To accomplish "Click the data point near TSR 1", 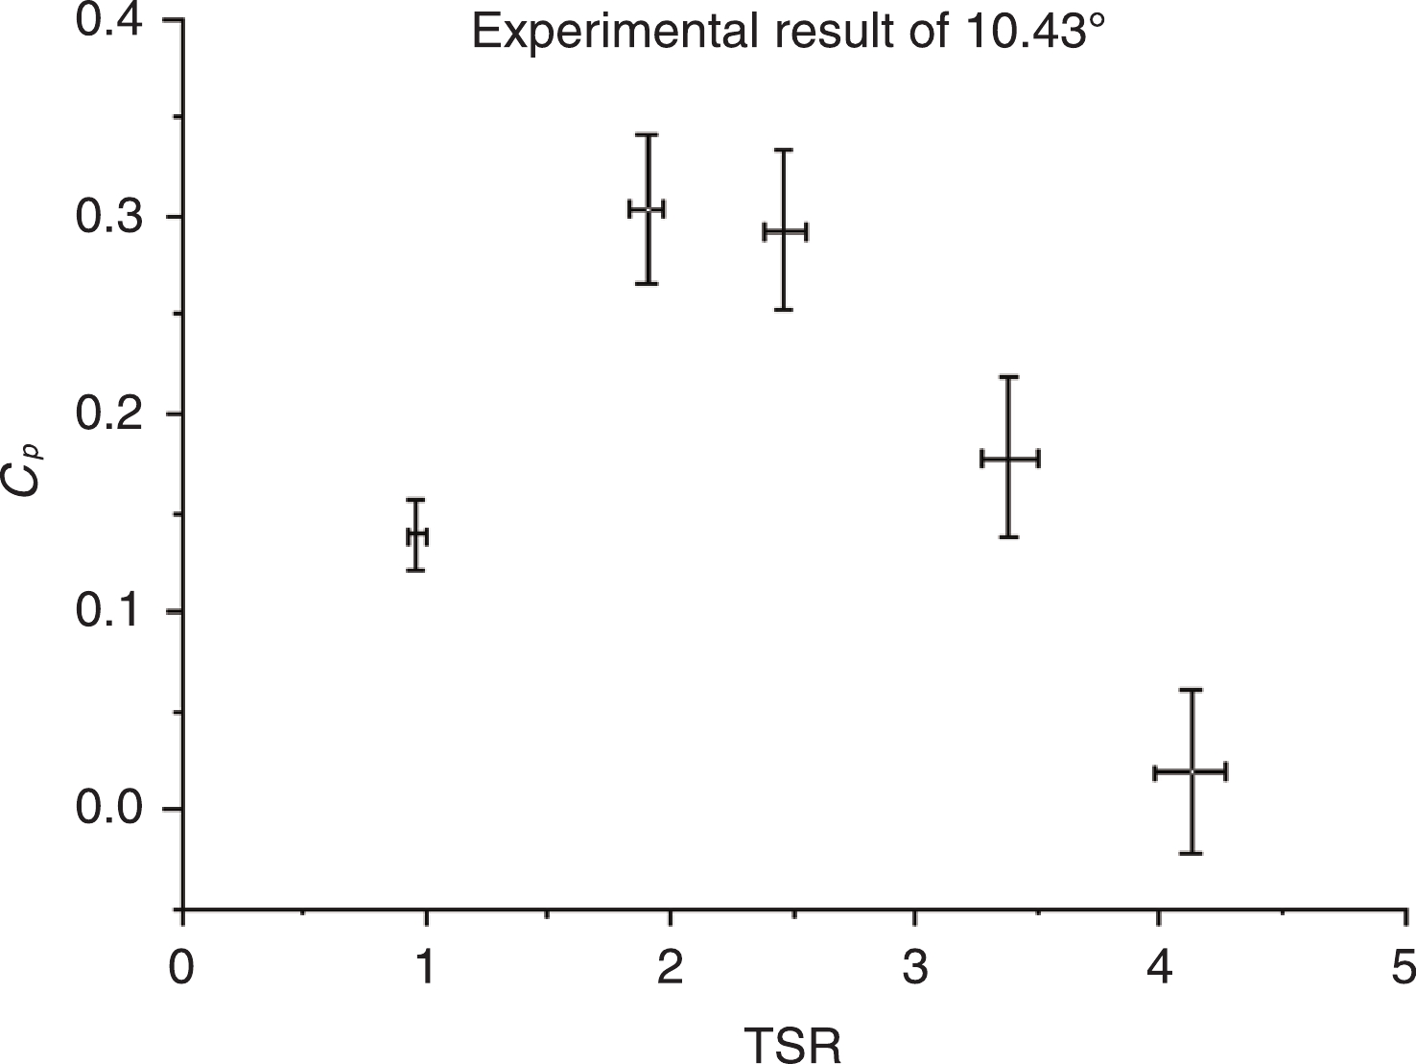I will tap(416, 536).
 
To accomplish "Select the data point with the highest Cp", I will tap(648, 209).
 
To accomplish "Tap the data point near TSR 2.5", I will tap(785, 231).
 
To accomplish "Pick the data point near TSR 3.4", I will tap(1009, 459).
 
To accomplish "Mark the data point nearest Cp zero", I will tap(1191, 771).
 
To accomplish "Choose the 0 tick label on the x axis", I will tap(181, 967).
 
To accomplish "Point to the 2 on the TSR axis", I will tap(670, 967).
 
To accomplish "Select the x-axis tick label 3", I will tap(915, 967).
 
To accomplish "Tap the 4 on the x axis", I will tap(1160, 967).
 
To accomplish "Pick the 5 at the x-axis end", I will tap(1404, 967).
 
